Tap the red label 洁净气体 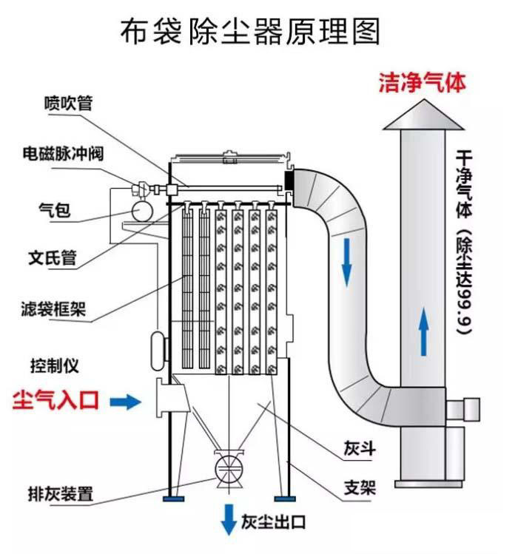pos(423,81)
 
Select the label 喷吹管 pos(68,104)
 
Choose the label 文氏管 pos(53,258)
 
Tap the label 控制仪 pos(54,365)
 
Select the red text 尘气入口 pos(56,402)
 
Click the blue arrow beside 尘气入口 pos(125,402)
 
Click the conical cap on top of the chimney pos(423,115)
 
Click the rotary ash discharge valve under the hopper pos(226,467)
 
